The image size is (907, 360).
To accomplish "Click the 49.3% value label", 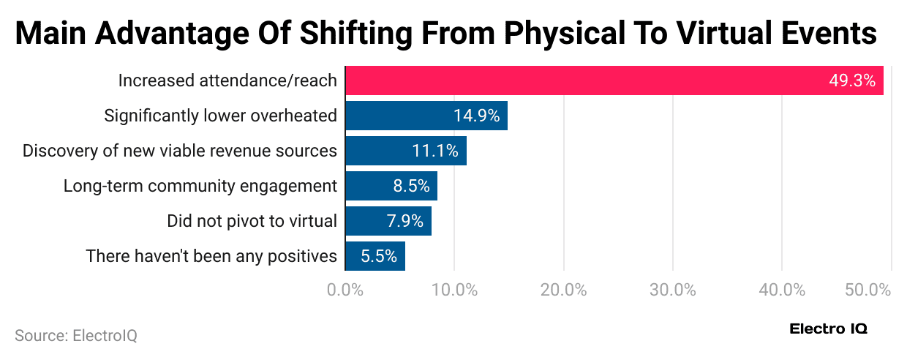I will [x=852, y=80].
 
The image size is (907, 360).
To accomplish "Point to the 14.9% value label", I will [x=476, y=116].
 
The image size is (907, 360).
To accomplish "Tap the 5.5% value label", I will [x=379, y=256].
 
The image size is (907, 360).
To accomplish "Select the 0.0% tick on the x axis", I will [x=345, y=290].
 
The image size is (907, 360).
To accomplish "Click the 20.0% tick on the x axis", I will [x=563, y=290].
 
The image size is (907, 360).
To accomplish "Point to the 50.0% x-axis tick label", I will [x=868, y=290].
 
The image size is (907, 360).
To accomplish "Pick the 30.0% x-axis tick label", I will [x=672, y=290].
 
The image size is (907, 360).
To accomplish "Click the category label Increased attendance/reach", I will [x=227, y=80].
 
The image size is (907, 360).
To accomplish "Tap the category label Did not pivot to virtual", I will [x=252, y=221].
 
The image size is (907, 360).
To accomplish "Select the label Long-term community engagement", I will [x=200, y=186].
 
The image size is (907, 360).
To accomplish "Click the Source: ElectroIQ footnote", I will [x=76, y=336].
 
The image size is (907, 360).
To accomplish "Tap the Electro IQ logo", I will [x=828, y=329].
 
